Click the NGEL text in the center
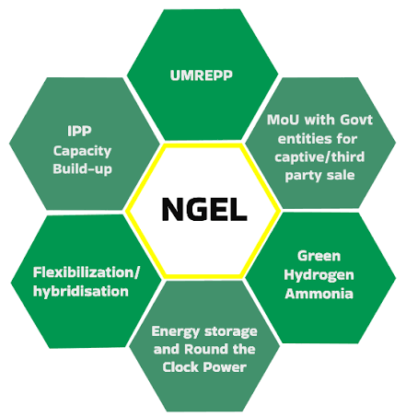pyautogui.click(x=204, y=209)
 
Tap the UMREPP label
pyautogui.click(x=202, y=75)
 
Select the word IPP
pyautogui.click(x=79, y=131)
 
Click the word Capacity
pyautogui.click(x=82, y=151)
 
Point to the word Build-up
pyautogui.click(x=82, y=169)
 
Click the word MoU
pyautogui.click(x=283, y=120)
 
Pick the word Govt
pyautogui.click(x=356, y=120)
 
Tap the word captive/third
pyautogui.click(x=319, y=157)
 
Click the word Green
pyautogui.click(x=319, y=256)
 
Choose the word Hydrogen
pyautogui.click(x=319, y=275)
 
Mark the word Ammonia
pyautogui.click(x=319, y=294)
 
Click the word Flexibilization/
pyautogui.click(x=87, y=272)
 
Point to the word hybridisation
pyautogui.click(x=81, y=291)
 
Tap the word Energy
pyautogui.click(x=176, y=331)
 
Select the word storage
pyautogui.click(x=231, y=331)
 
